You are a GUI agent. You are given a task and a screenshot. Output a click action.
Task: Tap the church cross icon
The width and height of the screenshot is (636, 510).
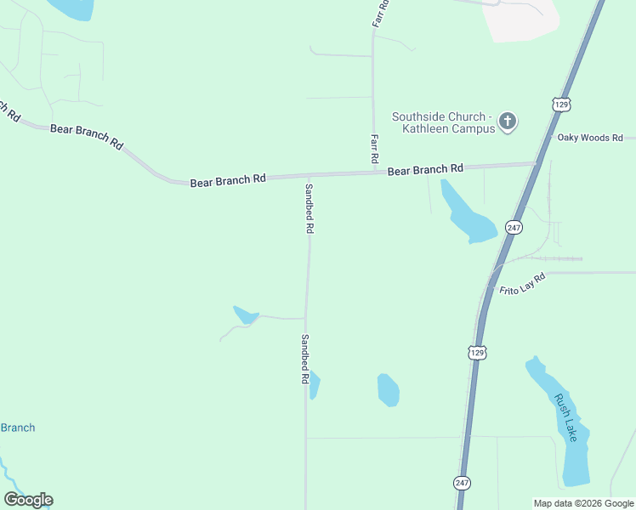508,122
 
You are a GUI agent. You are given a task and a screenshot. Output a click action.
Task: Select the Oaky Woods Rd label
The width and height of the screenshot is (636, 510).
590,138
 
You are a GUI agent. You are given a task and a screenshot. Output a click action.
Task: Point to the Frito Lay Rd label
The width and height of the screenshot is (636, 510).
521,283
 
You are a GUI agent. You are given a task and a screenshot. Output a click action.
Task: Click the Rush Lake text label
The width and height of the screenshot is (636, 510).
566,417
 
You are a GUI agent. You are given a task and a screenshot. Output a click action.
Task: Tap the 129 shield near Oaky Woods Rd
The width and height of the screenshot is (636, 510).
560,104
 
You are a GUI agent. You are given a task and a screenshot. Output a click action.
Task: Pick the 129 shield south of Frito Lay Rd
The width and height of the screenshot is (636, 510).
477,352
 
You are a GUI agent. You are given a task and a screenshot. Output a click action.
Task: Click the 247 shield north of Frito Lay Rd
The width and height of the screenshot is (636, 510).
513,228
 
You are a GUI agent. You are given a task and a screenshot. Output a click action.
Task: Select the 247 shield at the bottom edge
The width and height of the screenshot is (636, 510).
462,483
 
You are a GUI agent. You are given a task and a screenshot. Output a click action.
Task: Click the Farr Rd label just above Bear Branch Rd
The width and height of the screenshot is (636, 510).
373,149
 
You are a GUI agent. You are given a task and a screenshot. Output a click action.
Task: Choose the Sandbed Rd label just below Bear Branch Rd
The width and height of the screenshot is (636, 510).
309,209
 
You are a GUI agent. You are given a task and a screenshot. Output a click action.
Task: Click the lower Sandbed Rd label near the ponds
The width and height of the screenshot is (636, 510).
304,359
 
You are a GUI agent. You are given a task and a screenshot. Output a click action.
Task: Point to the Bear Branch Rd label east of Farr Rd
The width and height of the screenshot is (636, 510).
425,170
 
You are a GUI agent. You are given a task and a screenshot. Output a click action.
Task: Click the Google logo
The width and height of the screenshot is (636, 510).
28,500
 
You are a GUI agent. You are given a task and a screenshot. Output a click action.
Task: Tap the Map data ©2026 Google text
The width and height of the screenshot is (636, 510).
584,503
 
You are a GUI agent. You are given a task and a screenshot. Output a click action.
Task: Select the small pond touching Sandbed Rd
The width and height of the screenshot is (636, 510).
314,384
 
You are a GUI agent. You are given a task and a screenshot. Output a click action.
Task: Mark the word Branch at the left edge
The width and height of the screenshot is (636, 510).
17,428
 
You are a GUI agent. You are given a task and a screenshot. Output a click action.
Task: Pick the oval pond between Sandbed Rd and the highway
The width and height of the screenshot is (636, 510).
388,389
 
